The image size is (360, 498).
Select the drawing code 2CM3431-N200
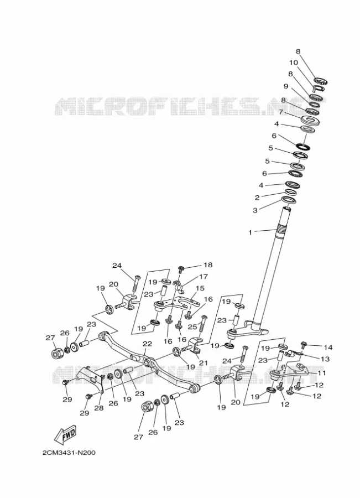[x=69, y=452]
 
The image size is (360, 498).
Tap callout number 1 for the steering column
[x=250, y=232]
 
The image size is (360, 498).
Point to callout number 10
[x=293, y=63]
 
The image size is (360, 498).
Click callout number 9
[x=286, y=86]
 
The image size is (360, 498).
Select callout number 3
[x=255, y=210]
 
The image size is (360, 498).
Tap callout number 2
[x=257, y=198]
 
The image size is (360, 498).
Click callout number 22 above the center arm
[x=147, y=344]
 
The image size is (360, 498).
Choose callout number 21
[x=202, y=362]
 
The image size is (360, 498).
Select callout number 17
[x=203, y=277]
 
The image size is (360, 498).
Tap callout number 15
[x=200, y=288]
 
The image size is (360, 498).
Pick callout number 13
[x=325, y=359]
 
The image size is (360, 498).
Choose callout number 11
[x=322, y=373]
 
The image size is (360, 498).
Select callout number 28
[x=99, y=408]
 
